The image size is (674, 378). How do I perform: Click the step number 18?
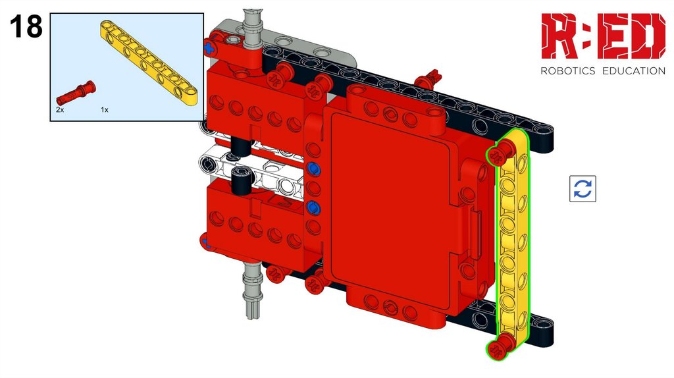tap(26, 26)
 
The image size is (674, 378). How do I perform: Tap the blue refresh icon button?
tap(583, 188)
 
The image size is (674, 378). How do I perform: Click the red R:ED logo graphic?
tap(603, 36)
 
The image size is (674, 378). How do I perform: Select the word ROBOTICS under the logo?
tap(567, 71)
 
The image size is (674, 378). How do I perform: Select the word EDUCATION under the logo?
tap(634, 71)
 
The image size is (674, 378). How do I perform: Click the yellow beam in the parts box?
tap(149, 62)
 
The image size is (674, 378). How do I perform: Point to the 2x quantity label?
tap(60, 110)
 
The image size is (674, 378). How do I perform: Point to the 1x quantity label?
tap(105, 110)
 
